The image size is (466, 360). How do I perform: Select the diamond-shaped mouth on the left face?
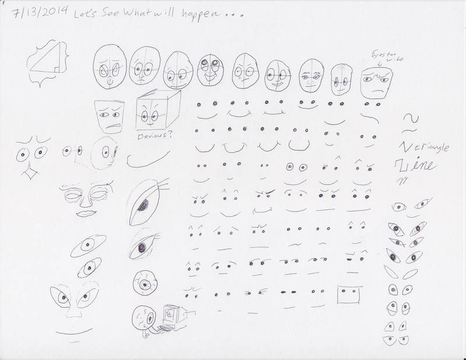26,173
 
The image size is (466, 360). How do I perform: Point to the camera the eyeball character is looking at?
172,317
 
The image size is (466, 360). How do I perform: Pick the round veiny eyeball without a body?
144,282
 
